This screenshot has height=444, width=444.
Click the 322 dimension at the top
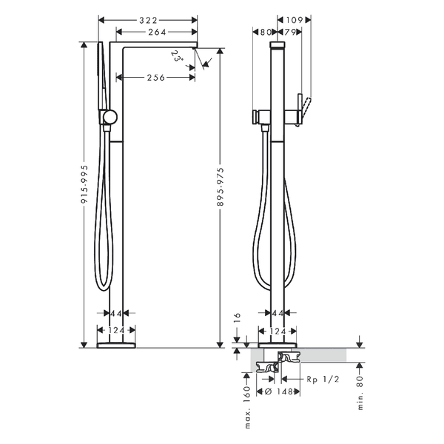[x=148, y=20]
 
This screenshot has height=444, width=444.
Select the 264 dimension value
[x=157, y=33]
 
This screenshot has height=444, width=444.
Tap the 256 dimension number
[x=155, y=77]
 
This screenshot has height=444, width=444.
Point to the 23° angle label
[x=178, y=56]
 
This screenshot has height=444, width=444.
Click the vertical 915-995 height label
[x=84, y=184]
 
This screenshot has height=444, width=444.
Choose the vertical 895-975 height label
[x=221, y=186]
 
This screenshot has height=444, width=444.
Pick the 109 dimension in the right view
[x=295, y=20]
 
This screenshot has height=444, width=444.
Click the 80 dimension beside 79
[x=266, y=33]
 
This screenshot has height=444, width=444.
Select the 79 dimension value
[x=289, y=33]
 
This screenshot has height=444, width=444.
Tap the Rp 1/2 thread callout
[x=323, y=379]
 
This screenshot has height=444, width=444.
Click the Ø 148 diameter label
[x=279, y=391]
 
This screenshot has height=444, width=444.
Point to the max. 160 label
[x=247, y=407]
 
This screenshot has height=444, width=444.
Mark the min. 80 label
[x=360, y=393]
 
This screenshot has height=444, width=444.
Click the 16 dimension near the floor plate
[x=238, y=317]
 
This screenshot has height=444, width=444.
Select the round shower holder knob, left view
[x=110, y=118]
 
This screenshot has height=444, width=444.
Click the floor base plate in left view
[x=116, y=345]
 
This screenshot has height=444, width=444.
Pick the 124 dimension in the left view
[x=116, y=331]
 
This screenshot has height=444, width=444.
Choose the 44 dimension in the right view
[x=277, y=313]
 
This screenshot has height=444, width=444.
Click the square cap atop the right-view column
[x=277, y=45]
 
